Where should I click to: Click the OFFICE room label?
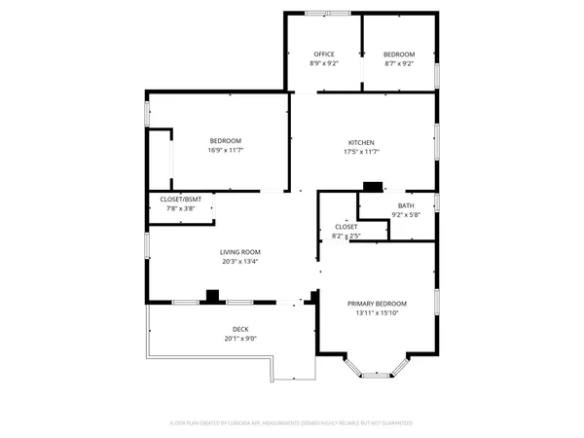[324, 54]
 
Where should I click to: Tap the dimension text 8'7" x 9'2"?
[399, 63]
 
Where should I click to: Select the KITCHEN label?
[362, 142]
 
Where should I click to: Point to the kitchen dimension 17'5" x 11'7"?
[362, 152]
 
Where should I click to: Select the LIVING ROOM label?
[238, 252]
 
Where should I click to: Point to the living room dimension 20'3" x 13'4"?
[238, 261]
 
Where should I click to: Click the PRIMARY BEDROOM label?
[378, 304]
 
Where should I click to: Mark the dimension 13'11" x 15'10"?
[378, 313]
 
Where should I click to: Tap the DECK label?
[240, 329]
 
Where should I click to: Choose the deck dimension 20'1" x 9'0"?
[240, 339]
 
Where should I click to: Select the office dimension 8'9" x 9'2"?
[324, 63]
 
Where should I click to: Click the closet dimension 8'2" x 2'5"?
[347, 235]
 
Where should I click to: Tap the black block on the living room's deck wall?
[212, 296]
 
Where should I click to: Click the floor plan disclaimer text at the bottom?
[292, 423]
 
